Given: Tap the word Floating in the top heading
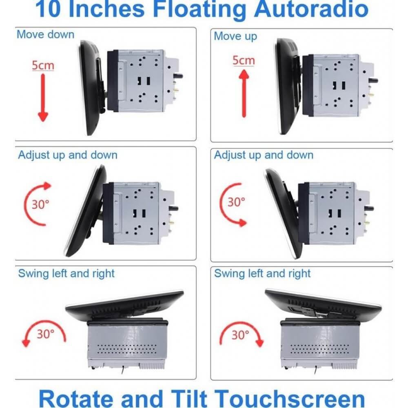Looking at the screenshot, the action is point(200,10).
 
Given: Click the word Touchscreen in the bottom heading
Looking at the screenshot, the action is point(290,398).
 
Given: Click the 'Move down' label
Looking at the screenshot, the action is point(46,34).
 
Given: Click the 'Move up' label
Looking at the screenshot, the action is point(235,36).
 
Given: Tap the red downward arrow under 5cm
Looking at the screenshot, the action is point(43,98).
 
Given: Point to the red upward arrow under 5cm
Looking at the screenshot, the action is point(244,94).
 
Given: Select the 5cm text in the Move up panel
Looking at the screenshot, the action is point(244,60).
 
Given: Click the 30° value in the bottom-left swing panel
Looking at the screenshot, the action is point(46,334).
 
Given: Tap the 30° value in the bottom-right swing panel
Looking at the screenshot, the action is point(240,335).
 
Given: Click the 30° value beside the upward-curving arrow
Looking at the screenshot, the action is point(40,204).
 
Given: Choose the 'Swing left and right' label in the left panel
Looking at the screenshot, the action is point(67,273).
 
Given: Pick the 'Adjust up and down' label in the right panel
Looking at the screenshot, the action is point(264,155).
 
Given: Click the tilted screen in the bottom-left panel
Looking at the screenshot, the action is point(124,304).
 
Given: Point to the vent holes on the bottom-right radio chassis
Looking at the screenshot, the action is point(319,349).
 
